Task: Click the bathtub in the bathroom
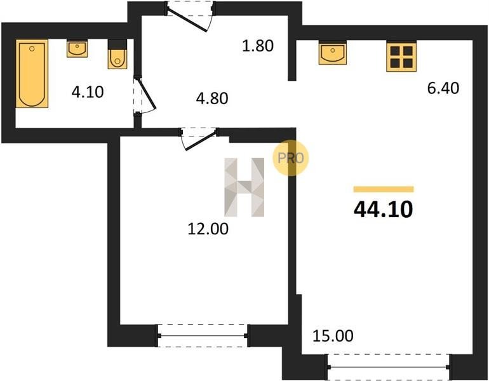[32, 74]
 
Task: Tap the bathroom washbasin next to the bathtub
[77, 48]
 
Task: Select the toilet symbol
[117, 54]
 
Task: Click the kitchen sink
[332, 53]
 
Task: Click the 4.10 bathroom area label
[88, 92]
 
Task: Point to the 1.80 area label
[258, 46]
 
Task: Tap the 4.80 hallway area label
[212, 98]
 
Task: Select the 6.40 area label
[443, 88]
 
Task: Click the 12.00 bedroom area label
[208, 229]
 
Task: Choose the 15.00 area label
[333, 336]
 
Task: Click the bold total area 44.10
[384, 209]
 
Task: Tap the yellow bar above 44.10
[384, 189]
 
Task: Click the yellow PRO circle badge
[290, 158]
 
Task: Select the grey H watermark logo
[245, 187]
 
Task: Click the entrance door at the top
[189, 17]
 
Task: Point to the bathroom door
[144, 96]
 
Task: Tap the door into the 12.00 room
[199, 138]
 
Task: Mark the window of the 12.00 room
[203, 336]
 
